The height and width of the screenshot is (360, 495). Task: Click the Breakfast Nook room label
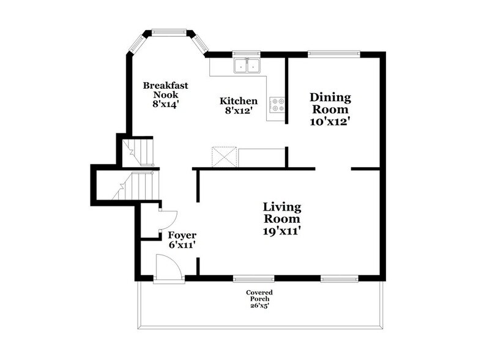click(x=160, y=90)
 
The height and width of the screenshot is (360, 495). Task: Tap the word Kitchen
click(x=239, y=100)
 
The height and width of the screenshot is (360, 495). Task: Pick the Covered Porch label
click(x=259, y=296)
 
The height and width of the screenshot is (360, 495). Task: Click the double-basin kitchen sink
click(x=247, y=65)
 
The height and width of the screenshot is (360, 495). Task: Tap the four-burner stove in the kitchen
click(x=277, y=105)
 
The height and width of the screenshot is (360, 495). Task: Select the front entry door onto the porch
click(x=168, y=269)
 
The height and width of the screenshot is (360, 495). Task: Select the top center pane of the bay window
click(x=169, y=31)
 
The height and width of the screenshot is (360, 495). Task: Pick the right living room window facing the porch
click(x=333, y=279)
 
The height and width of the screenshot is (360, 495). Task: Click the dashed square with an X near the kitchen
click(x=220, y=157)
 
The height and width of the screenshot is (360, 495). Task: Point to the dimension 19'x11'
click(x=281, y=231)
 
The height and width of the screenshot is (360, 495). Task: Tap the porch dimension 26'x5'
click(x=259, y=306)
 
